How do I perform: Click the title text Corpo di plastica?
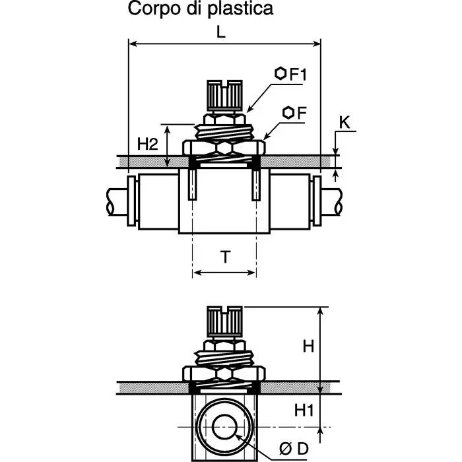tap(200, 9)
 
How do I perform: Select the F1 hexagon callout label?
tap(292, 74)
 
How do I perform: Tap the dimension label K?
tap(344, 123)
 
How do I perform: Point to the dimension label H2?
tap(147, 145)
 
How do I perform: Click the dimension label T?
tap(225, 257)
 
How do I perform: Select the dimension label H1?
tap(303, 411)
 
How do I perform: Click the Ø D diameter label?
tap(293, 449)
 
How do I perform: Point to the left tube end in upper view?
tap(119, 201)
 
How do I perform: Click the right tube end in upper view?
tap(332, 201)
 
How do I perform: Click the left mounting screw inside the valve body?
tap(192, 184)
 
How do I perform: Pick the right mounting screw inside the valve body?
tap(255, 184)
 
